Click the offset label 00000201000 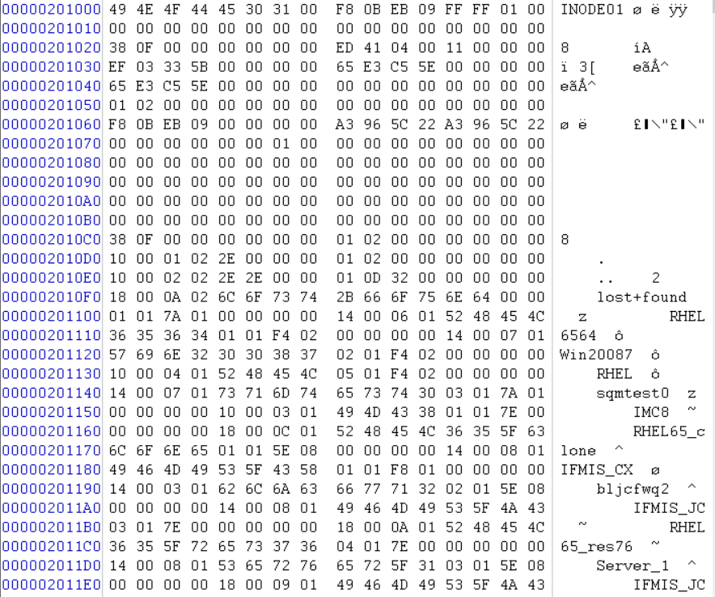point(52,11)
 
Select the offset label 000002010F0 point(52,297)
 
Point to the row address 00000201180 point(52,469)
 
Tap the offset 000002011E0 point(52,584)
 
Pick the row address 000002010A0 point(52,201)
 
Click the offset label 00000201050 point(52,106)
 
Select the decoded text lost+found point(641,297)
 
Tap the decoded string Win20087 point(592,355)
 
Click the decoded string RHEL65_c point(668,431)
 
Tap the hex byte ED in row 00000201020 point(345,48)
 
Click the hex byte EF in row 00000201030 point(117,68)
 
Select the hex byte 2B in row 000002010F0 point(345,297)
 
